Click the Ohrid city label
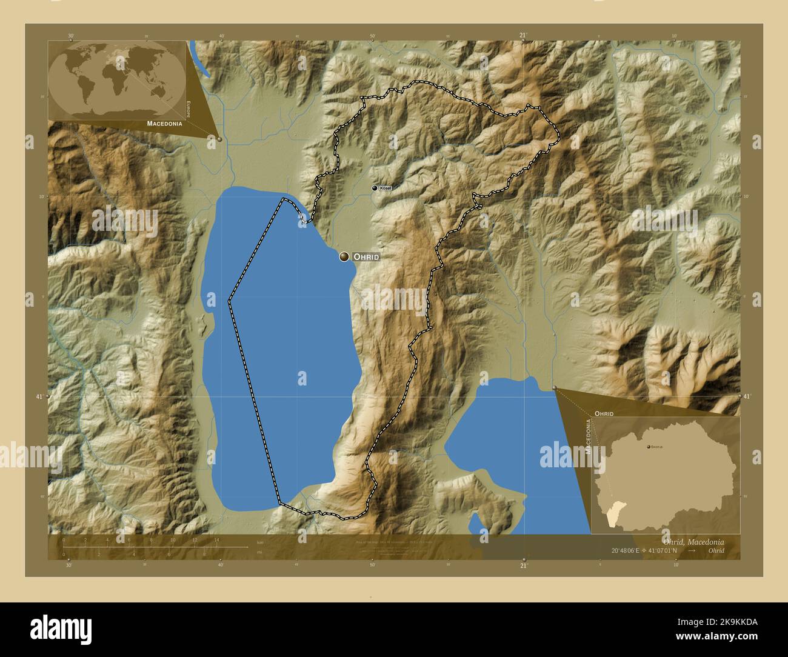(366, 257)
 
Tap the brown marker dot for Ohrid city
(344, 257)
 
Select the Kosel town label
(386, 188)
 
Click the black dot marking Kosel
(375, 188)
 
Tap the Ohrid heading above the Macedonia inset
(604, 413)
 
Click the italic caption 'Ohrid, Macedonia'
(693, 541)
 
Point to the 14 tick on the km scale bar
(216, 539)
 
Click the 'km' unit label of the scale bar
(260, 541)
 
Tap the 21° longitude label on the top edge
(523, 35)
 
